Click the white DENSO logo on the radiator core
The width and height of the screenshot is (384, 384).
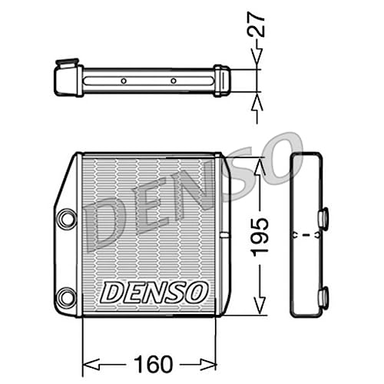click(154, 291)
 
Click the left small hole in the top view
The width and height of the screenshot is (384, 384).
click(124, 80)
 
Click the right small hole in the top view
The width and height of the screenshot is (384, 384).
click(174, 80)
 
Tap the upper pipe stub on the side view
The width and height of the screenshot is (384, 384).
click(323, 217)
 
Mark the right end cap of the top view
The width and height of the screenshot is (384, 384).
click(222, 80)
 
